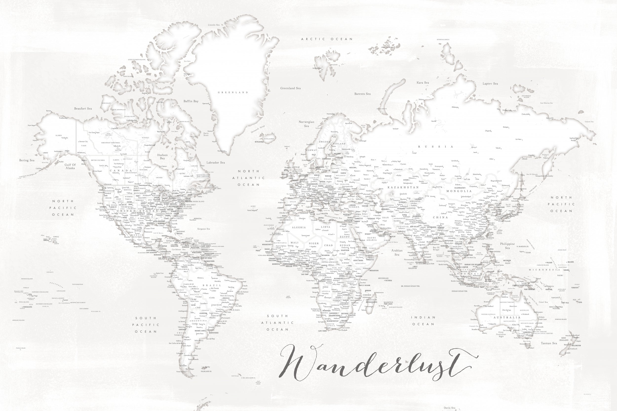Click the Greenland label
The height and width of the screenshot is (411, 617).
[233, 92]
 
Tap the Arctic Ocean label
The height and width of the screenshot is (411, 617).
[327, 39]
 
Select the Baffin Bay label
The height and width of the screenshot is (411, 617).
[191, 101]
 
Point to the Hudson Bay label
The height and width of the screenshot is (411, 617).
[162, 157]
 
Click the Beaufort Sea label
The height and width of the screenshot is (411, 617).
[83, 108]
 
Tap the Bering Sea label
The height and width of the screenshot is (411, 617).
[27, 160]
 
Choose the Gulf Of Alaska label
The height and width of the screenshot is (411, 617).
[70, 166]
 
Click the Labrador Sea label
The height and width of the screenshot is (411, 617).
[216, 162]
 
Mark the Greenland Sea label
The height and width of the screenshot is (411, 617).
[290, 88]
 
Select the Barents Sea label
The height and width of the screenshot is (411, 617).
[362, 94]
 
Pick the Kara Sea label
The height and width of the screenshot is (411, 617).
[423, 83]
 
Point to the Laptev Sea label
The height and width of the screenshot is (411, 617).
[490, 84]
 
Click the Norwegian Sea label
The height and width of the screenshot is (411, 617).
[306, 124]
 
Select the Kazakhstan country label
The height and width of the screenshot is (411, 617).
[403, 187]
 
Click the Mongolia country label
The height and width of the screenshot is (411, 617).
[459, 191]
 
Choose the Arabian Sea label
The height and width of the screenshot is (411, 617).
[397, 252]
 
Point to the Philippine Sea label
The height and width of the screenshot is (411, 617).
[507, 246]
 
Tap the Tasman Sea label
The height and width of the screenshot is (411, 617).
[549, 343]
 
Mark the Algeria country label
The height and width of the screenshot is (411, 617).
[299, 228]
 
